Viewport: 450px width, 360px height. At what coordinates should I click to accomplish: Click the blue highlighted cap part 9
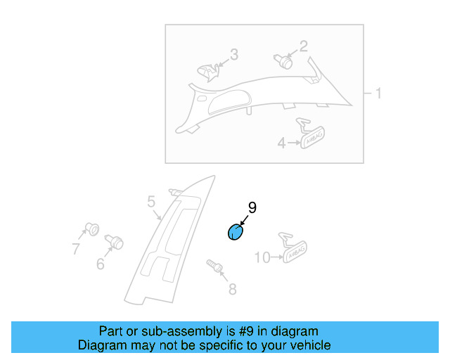click(234, 232)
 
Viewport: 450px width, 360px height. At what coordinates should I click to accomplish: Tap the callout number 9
click(252, 207)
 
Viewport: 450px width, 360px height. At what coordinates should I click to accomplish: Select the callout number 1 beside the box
click(378, 94)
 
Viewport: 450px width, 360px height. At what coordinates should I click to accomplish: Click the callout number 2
click(304, 47)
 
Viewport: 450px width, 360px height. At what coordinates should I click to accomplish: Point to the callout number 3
click(234, 54)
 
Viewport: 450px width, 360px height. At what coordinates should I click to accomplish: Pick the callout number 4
click(281, 143)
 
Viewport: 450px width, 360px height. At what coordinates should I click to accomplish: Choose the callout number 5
click(151, 203)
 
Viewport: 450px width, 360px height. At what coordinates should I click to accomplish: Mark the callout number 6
click(100, 264)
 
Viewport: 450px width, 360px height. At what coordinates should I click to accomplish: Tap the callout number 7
click(75, 248)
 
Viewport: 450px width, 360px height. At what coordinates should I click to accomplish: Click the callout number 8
click(232, 288)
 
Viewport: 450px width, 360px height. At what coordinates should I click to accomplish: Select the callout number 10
click(262, 258)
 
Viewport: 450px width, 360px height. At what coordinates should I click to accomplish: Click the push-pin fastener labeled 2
click(284, 60)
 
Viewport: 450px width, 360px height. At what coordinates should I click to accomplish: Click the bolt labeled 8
click(215, 266)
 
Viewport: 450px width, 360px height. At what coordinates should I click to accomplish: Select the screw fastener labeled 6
click(115, 243)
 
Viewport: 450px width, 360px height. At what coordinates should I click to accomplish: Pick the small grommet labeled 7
click(91, 228)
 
